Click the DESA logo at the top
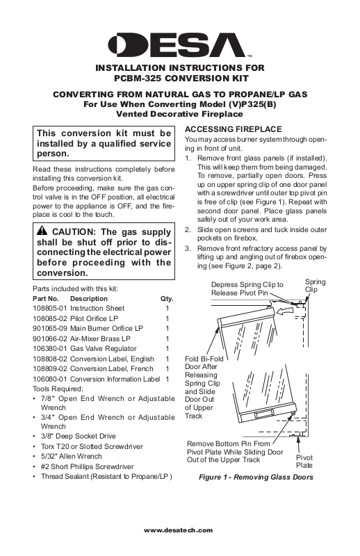(177, 45)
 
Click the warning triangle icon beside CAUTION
(42, 231)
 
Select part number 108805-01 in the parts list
(50, 309)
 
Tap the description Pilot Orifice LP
(94, 318)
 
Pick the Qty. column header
(167, 299)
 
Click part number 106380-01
(50, 349)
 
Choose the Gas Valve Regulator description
(104, 349)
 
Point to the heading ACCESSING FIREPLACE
(234, 129)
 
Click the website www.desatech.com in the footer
(178, 530)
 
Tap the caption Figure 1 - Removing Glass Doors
(256, 477)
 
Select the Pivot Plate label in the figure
(304, 461)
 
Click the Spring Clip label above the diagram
(315, 286)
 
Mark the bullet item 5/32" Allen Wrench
(72, 457)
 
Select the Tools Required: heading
(58, 389)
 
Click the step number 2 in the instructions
(188, 229)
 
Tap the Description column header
(89, 299)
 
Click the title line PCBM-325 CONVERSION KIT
(181, 78)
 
